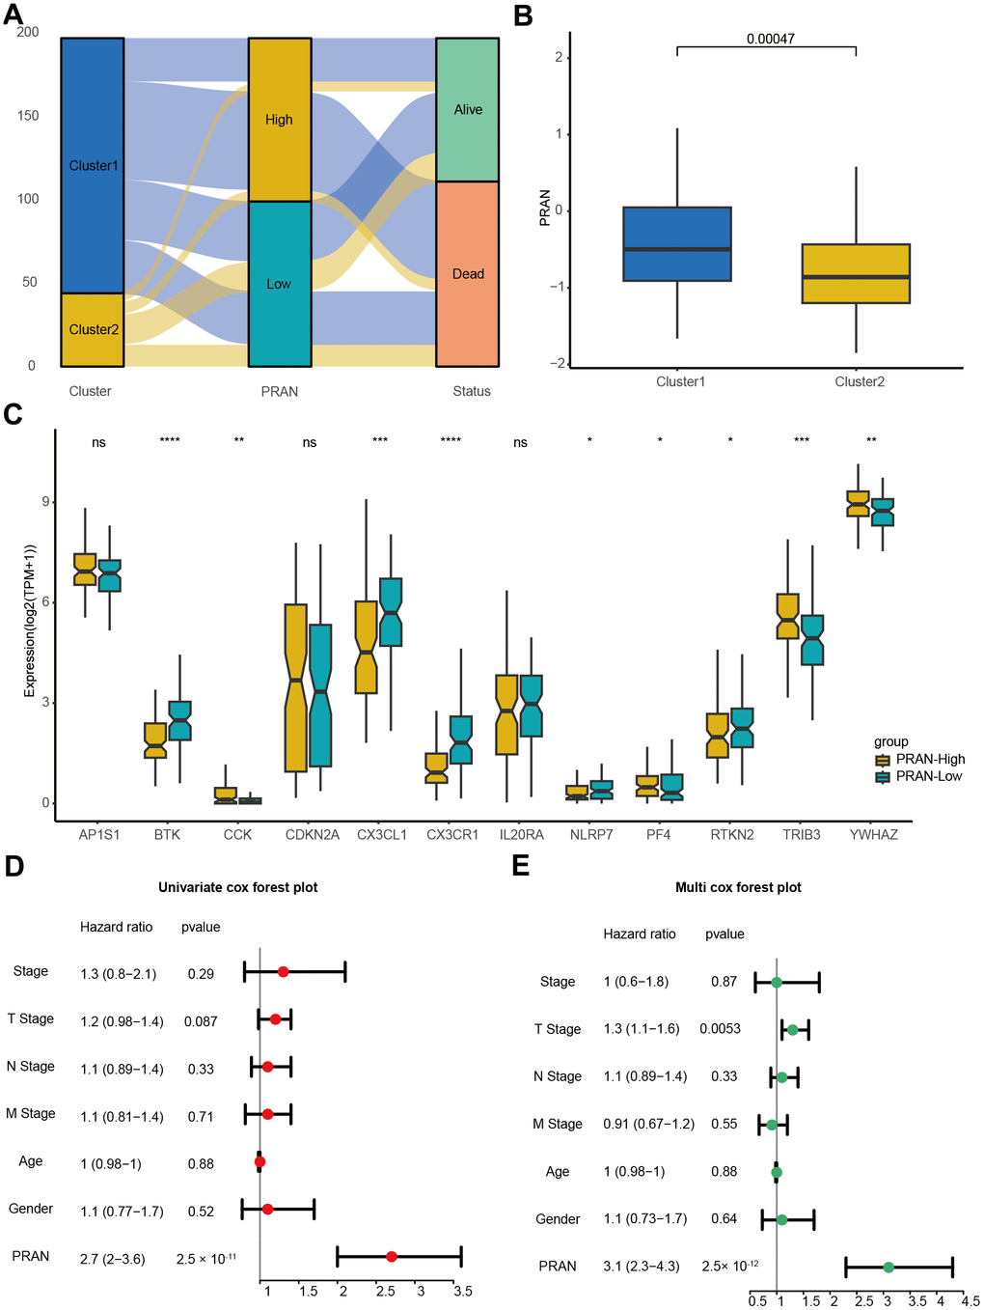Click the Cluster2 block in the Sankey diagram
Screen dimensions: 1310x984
pos(93,329)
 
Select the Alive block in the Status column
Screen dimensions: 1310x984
pos(468,110)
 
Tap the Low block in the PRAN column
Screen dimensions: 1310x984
pos(279,284)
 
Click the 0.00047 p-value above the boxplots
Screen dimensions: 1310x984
pos(770,40)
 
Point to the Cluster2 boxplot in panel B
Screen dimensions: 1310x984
pos(856,274)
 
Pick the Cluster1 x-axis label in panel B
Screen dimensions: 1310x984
pos(680,381)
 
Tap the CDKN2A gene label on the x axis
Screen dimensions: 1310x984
pos(312,834)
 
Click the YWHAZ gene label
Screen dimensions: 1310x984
pos(873,834)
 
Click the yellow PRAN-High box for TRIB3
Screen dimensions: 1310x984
pos(787,616)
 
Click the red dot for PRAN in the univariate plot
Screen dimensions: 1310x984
pos(391,1256)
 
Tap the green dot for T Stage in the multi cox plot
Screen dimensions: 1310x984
pos(792,1030)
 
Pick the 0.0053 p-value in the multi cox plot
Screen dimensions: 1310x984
pos(720,1029)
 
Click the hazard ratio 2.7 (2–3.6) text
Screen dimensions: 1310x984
pos(113,1259)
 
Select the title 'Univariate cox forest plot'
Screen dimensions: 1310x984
pos(237,887)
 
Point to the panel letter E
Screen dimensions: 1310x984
pos(521,864)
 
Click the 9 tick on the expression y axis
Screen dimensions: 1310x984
pos(45,502)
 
